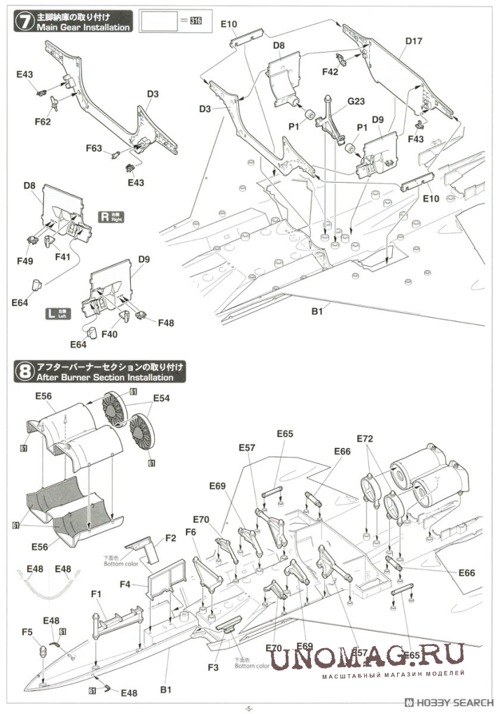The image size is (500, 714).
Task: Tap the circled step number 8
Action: click(25, 371)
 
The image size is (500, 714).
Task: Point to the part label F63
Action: click(94, 148)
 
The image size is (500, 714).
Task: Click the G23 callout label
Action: click(356, 101)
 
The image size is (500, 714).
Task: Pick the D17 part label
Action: click(413, 41)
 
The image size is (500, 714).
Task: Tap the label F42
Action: click(331, 71)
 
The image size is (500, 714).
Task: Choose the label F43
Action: click(415, 139)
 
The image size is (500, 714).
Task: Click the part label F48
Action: click(166, 323)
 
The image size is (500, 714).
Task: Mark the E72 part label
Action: click(365, 438)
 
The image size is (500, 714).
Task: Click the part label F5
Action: click(27, 632)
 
